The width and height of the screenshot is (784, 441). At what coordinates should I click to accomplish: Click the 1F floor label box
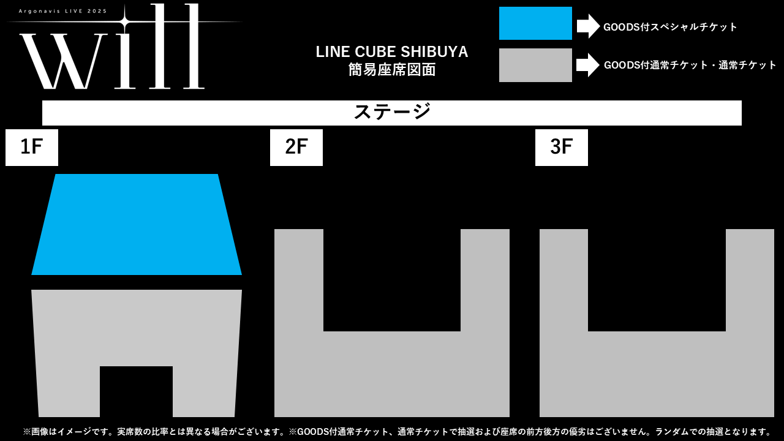[x=32, y=148]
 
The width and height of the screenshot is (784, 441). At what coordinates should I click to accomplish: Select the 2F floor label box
[x=296, y=148]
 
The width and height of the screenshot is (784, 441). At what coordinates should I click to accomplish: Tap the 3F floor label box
[x=562, y=148]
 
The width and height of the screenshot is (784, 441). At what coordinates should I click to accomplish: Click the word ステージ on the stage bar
[x=392, y=112]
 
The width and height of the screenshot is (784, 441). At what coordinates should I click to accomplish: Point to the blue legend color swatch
[x=535, y=23]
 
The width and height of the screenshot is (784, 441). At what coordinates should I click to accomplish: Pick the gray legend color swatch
[x=535, y=65]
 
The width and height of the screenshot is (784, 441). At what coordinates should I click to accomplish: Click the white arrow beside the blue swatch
[x=589, y=26]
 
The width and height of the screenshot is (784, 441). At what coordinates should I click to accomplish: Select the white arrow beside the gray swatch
[x=588, y=65]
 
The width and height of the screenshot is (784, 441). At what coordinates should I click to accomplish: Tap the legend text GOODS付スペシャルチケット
[x=670, y=27]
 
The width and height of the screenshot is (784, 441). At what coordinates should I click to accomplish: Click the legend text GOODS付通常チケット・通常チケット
[x=690, y=65]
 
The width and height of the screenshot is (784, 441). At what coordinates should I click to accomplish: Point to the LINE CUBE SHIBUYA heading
[x=392, y=52]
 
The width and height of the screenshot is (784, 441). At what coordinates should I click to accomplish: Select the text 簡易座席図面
[x=392, y=70]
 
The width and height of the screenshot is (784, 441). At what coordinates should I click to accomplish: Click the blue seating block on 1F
[x=137, y=224]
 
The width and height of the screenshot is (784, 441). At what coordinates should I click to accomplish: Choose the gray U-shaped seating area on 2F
[x=391, y=374]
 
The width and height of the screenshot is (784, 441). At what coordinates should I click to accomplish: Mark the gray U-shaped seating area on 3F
[x=657, y=374]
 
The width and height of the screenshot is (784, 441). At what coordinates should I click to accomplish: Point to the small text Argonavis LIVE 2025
[x=62, y=11]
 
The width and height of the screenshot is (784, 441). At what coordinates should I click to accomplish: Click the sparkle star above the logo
[x=124, y=22]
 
